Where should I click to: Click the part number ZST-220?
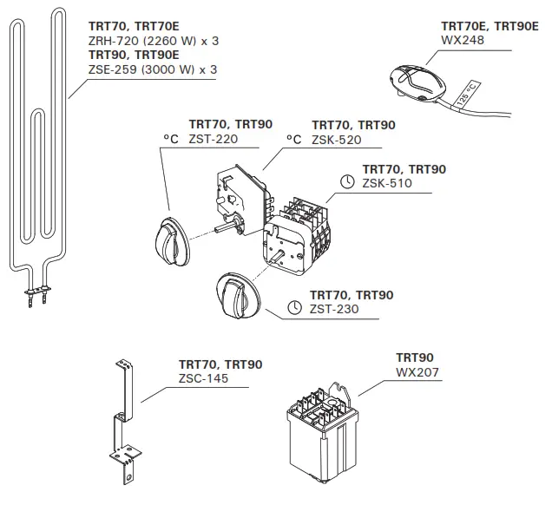coord(213,138)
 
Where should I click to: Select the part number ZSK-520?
coord(336,139)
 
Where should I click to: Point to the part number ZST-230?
coord(335,309)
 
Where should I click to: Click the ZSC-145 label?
coord(205,378)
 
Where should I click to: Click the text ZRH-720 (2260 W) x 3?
coord(153,40)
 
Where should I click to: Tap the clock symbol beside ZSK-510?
coord(347,183)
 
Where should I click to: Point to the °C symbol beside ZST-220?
coord(171,139)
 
